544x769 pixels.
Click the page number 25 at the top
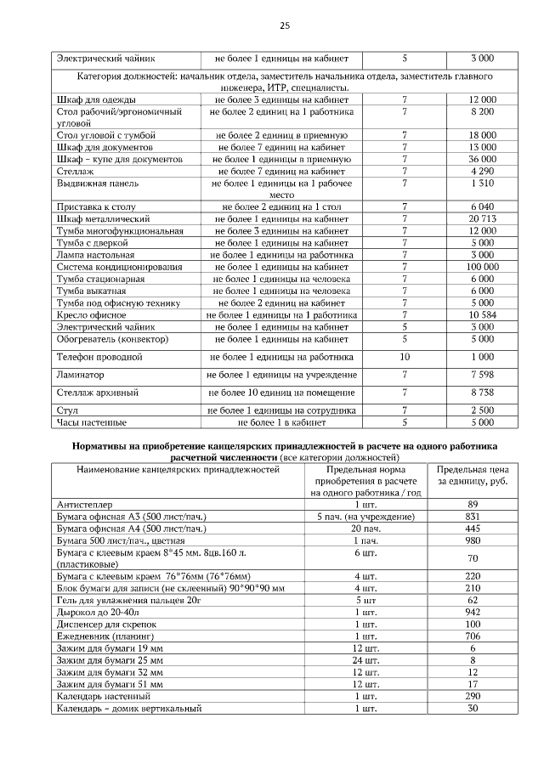(x=284, y=26)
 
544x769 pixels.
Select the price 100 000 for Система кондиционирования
(x=482, y=267)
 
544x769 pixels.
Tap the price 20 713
(x=482, y=219)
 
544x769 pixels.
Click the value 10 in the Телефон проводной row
(x=405, y=357)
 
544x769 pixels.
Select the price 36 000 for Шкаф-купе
(x=482, y=159)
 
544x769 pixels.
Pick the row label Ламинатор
(x=81, y=375)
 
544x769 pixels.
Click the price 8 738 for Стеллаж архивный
(x=482, y=393)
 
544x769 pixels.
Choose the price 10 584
(x=482, y=314)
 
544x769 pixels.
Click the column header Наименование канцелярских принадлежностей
(x=178, y=469)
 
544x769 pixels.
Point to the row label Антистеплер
(x=84, y=505)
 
